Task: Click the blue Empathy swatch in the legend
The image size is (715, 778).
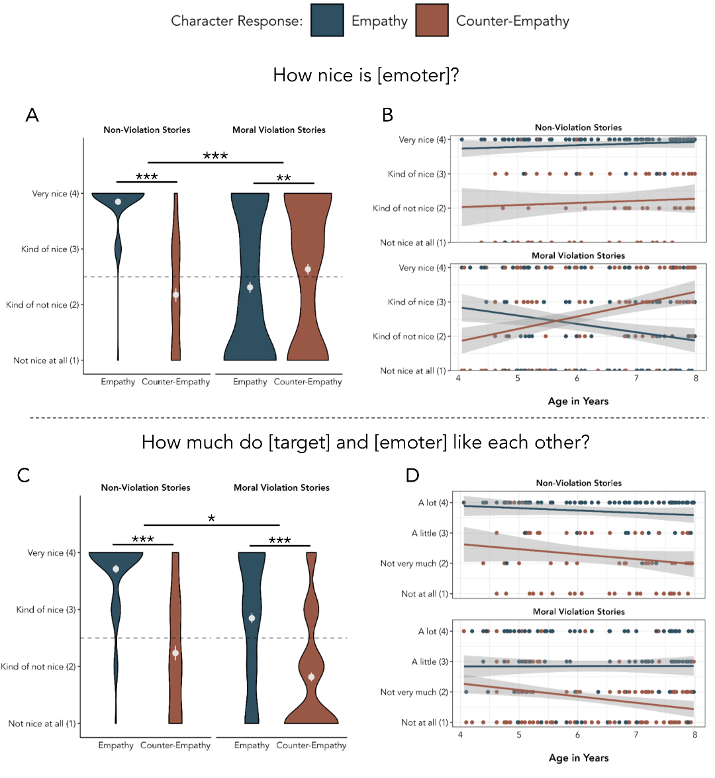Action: tap(327, 21)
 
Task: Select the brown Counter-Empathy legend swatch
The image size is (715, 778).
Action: tap(432, 21)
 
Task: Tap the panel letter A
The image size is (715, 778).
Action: tap(32, 116)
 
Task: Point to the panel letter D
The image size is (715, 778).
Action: tap(412, 476)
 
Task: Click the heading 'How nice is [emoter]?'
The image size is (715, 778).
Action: tap(366, 75)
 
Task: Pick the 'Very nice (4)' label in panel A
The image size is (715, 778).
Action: tap(55, 194)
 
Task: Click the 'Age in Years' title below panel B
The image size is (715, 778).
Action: tap(578, 401)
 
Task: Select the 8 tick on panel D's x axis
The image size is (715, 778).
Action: tap(694, 735)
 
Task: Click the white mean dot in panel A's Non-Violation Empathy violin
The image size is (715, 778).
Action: tap(118, 201)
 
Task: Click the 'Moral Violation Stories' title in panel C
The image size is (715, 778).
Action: tap(281, 488)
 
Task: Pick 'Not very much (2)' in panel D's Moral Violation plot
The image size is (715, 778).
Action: tap(414, 692)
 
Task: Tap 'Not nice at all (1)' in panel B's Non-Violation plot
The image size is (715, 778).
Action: tap(412, 243)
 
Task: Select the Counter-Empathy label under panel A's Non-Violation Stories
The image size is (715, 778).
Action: tap(175, 382)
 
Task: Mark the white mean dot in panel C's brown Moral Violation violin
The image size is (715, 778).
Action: tap(311, 677)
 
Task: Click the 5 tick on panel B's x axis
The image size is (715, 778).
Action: tap(518, 378)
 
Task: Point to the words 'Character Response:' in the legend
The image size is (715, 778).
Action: tap(236, 21)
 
